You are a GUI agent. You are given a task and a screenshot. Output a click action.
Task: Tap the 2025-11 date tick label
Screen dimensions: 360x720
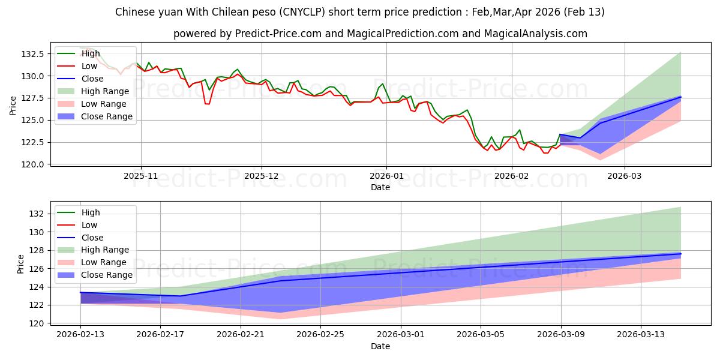[141, 176]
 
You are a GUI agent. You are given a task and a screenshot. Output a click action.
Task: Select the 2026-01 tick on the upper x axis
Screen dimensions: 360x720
[386, 176]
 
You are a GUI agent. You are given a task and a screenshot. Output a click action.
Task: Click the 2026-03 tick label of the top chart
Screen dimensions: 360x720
[625, 176]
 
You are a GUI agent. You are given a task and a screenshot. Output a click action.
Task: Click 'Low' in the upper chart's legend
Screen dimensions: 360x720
[89, 66]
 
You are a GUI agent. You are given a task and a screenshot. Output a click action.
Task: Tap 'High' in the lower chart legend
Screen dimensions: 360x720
[91, 212]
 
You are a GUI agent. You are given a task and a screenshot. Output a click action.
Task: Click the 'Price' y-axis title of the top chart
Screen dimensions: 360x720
[13, 105]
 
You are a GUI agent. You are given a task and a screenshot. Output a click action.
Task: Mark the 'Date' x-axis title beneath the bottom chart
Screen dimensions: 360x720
[380, 346]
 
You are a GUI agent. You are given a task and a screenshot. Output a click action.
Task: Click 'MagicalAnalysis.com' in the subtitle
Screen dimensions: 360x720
[538, 34]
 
